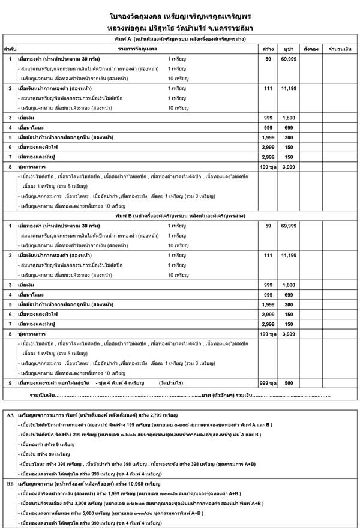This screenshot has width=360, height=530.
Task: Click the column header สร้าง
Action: pyautogui.click(x=268, y=47)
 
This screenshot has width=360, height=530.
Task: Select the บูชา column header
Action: pyautogui.click(x=288, y=47)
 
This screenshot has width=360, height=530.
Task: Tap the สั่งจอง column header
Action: pyautogui.click(x=311, y=47)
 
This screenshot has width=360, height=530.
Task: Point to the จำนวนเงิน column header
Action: pyautogui.click(x=340, y=47)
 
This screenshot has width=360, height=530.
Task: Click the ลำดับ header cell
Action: pyautogui.click(x=10, y=47)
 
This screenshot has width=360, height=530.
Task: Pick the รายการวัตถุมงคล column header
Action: pyautogui.click(x=137, y=47)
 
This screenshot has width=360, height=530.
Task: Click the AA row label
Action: pyautogui.click(x=10, y=415)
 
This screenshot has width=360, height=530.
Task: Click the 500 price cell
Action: pyautogui.click(x=288, y=382)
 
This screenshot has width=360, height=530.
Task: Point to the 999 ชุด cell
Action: pyautogui.click(x=268, y=382)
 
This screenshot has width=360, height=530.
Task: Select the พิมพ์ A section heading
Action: pyautogui.click(x=180, y=38)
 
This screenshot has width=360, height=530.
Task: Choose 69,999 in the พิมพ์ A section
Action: pyautogui.click(x=288, y=59)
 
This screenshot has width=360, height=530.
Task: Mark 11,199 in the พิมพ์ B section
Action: pyautogui.click(x=288, y=256)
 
